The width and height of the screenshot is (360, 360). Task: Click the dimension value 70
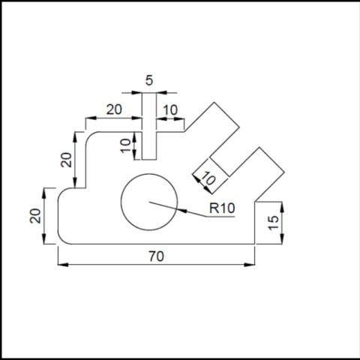tap(157, 256)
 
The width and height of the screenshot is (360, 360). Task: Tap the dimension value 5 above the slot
tap(149, 80)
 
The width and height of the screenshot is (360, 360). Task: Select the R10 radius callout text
tap(222, 208)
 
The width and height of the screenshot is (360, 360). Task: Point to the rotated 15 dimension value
tap(274, 223)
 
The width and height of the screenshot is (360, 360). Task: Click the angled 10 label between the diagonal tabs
tap(208, 178)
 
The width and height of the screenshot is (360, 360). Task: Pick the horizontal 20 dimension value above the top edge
tap(114, 109)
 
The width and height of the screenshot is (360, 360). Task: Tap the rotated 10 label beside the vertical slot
tap(126, 145)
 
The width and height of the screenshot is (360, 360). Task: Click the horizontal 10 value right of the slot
tap(170, 110)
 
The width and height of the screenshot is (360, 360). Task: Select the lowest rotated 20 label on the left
tap(35, 216)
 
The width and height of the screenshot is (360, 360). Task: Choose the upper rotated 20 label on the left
tap(67, 160)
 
